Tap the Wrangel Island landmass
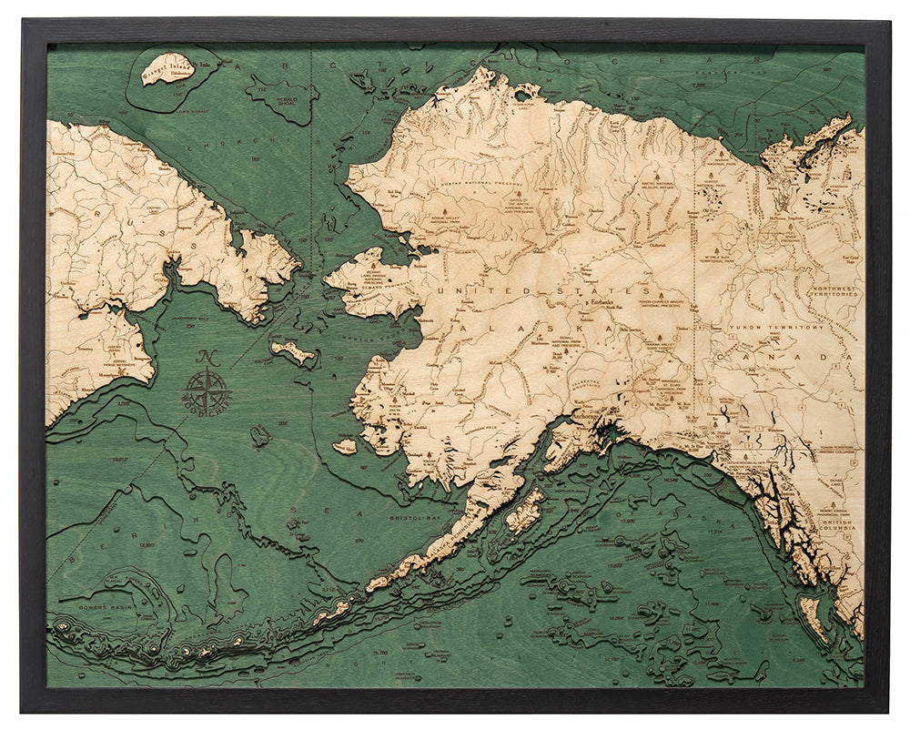tap(167, 68)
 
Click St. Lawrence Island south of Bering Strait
tap(292, 351)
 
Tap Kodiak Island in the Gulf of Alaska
tap(525, 513)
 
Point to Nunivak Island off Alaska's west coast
tap(345, 447)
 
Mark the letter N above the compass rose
tap(206, 358)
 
